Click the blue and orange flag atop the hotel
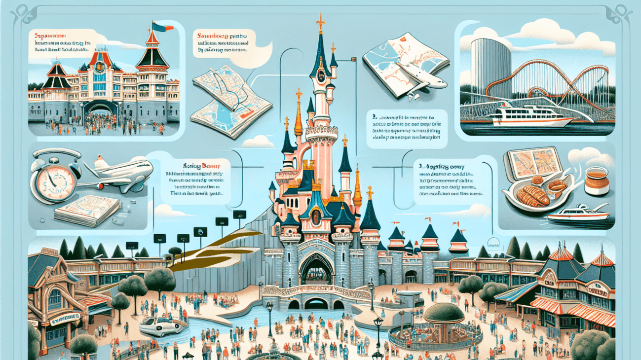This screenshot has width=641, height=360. [x=158, y=26]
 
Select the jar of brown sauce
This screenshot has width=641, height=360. [x=596, y=180]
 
